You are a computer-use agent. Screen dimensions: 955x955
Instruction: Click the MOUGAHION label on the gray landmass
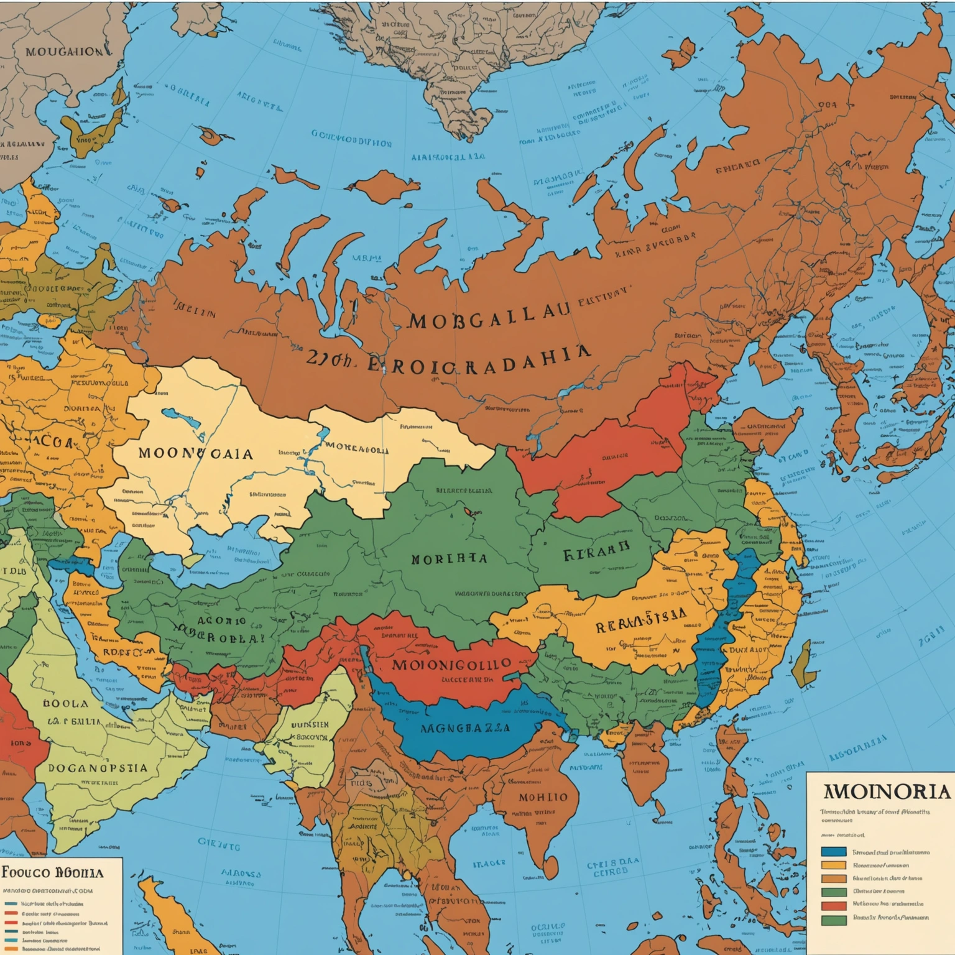[x=64, y=52]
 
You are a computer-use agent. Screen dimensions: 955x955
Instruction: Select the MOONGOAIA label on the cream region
[x=195, y=453]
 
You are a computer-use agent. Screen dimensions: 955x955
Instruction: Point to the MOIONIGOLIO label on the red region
[x=451, y=664]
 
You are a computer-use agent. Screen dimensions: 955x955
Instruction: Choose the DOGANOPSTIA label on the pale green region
[x=98, y=768]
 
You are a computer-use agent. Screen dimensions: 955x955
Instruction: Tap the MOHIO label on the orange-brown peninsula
[x=543, y=797]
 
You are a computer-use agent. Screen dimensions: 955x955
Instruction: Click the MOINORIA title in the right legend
[x=887, y=792]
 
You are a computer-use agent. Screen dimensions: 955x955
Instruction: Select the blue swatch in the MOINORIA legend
[x=834, y=852]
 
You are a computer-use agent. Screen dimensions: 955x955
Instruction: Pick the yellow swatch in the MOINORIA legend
[x=834, y=865]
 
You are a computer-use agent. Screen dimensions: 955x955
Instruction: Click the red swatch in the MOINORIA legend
[x=834, y=906]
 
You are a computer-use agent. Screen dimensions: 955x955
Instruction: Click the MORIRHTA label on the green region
[x=448, y=558]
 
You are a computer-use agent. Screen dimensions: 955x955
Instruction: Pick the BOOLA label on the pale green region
[x=65, y=703]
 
